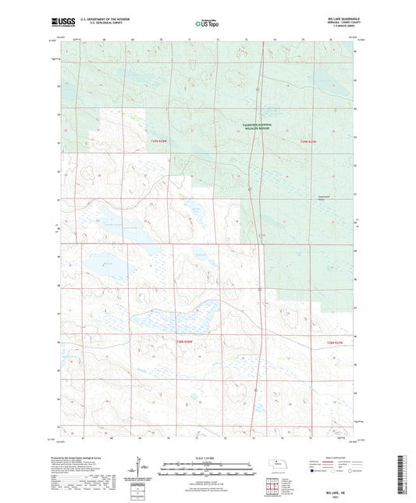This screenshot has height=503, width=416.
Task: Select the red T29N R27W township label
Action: tap(310, 141)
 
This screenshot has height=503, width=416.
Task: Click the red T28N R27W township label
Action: tap(333, 341)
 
